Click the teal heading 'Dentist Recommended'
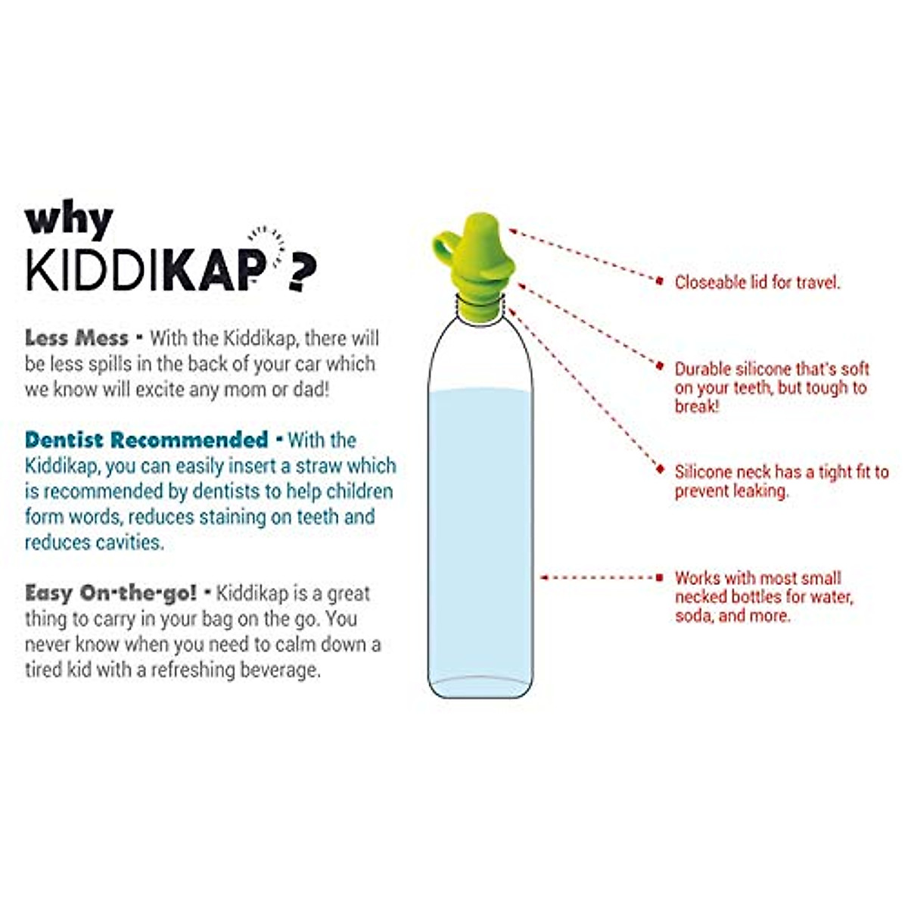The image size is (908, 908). (x=147, y=440)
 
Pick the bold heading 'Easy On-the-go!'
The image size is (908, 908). (x=110, y=592)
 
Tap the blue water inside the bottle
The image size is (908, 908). (x=480, y=530)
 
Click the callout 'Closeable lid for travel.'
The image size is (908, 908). (x=757, y=283)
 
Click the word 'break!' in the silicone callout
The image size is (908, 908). (x=697, y=406)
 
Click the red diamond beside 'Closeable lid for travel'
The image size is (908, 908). (x=660, y=281)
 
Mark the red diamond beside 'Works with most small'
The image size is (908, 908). (x=660, y=577)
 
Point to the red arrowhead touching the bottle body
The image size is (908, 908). (x=543, y=577)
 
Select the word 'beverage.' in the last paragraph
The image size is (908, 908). (x=281, y=670)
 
